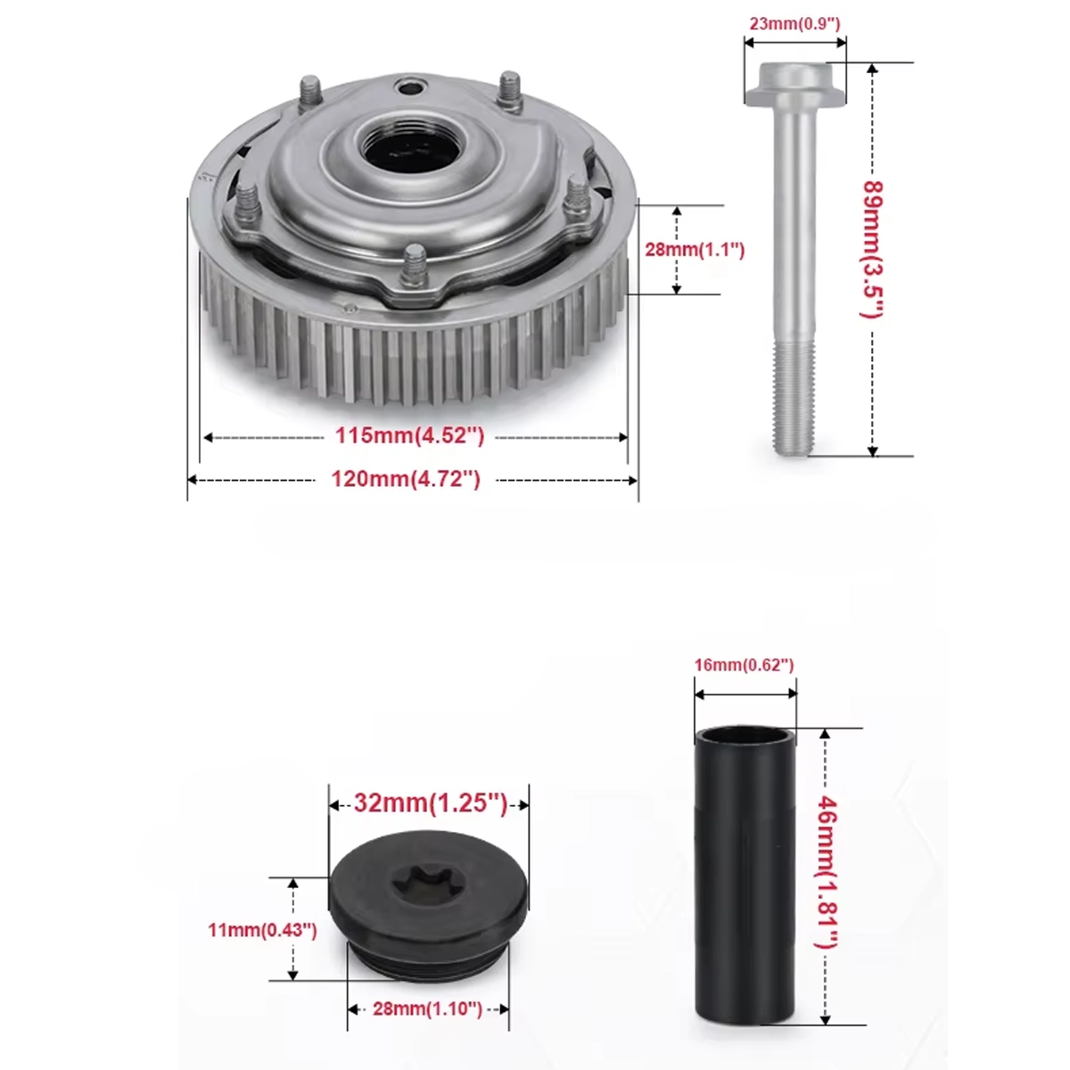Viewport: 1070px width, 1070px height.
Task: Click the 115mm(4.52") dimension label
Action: pos(410,436)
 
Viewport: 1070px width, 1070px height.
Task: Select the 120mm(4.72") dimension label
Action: pos(406,479)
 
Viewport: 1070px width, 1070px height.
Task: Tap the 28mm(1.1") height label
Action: pos(694,250)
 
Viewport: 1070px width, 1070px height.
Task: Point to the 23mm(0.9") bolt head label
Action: pos(794,24)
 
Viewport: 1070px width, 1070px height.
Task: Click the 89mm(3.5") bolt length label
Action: pos(872,250)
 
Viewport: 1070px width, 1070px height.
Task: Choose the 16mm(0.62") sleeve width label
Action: pos(744,664)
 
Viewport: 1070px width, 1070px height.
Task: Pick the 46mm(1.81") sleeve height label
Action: pos(827,872)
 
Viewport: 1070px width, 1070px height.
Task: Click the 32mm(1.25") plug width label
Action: pos(431,802)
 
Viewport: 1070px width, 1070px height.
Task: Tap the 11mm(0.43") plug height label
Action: pos(262,930)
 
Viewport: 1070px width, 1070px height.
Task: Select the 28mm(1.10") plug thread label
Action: pos(427,1008)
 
